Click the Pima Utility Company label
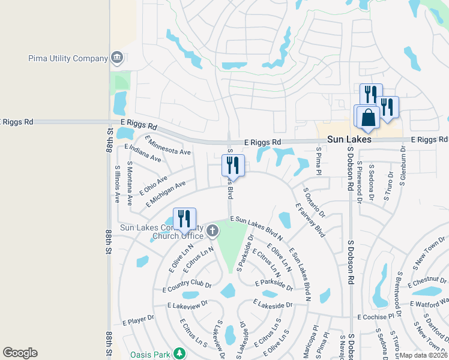(67, 59)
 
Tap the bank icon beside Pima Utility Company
(116, 58)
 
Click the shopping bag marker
(369, 117)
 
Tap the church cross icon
(212, 230)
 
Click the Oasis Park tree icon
(179, 352)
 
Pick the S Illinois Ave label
(117, 184)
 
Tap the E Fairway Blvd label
(310, 220)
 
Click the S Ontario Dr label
(314, 202)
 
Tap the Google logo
(20, 353)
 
